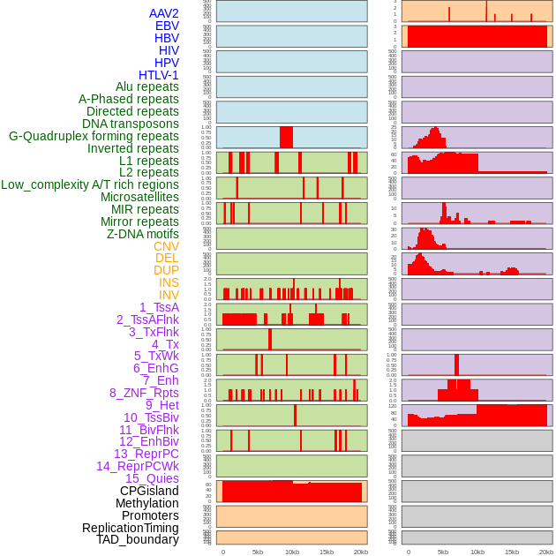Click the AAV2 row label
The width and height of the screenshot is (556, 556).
tap(164, 13)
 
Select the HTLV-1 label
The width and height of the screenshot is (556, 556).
tap(159, 75)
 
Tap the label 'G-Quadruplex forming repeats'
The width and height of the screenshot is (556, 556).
tap(94, 136)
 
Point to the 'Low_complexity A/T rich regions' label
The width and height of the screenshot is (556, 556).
tap(90, 184)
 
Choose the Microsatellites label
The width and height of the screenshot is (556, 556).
tap(139, 197)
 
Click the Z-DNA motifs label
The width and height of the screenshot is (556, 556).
tap(143, 234)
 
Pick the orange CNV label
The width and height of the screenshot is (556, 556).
tap(166, 246)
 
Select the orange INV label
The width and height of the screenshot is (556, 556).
tap(169, 295)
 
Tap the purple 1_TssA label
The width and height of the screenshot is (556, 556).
tap(159, 307)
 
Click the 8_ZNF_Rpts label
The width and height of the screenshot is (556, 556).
tap(144, 393)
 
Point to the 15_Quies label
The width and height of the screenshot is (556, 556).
tap(152, 478)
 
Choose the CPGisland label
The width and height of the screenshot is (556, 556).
tap(149, 491)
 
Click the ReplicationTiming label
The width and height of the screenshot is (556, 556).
tap(131, 528)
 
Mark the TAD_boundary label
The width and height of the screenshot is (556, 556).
tap(138, 539)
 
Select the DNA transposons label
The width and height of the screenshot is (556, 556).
tap(131, 124)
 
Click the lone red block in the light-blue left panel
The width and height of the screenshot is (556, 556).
tap(286, 137)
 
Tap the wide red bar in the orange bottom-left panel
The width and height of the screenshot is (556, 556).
tap(291, 492)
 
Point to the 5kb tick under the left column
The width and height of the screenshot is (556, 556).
tap(258, 552)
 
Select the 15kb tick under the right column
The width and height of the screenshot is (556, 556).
tap(512, 552)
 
